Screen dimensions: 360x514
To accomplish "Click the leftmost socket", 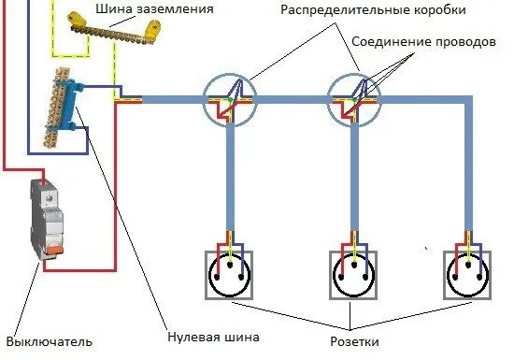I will pos(229,274).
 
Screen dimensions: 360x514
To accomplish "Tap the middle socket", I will pos(354,274).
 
